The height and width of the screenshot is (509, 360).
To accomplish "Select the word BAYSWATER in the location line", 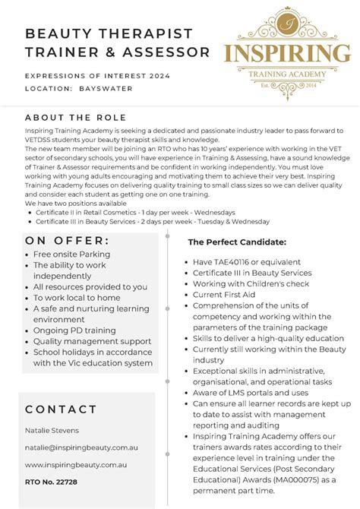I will pos(106,88).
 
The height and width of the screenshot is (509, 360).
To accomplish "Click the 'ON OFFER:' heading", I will pos(67,241).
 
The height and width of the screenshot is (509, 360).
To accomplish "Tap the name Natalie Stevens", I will pos(52,431).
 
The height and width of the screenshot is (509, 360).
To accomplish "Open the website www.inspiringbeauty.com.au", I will pos(75,464).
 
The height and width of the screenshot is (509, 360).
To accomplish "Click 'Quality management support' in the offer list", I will pos(92,341).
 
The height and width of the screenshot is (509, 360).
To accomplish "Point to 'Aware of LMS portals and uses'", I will pos(251,393).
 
